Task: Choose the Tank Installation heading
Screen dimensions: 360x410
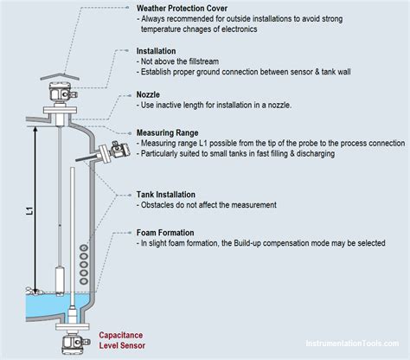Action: [x=170, y=195]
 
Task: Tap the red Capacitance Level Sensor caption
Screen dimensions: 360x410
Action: [x=123, y=340]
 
